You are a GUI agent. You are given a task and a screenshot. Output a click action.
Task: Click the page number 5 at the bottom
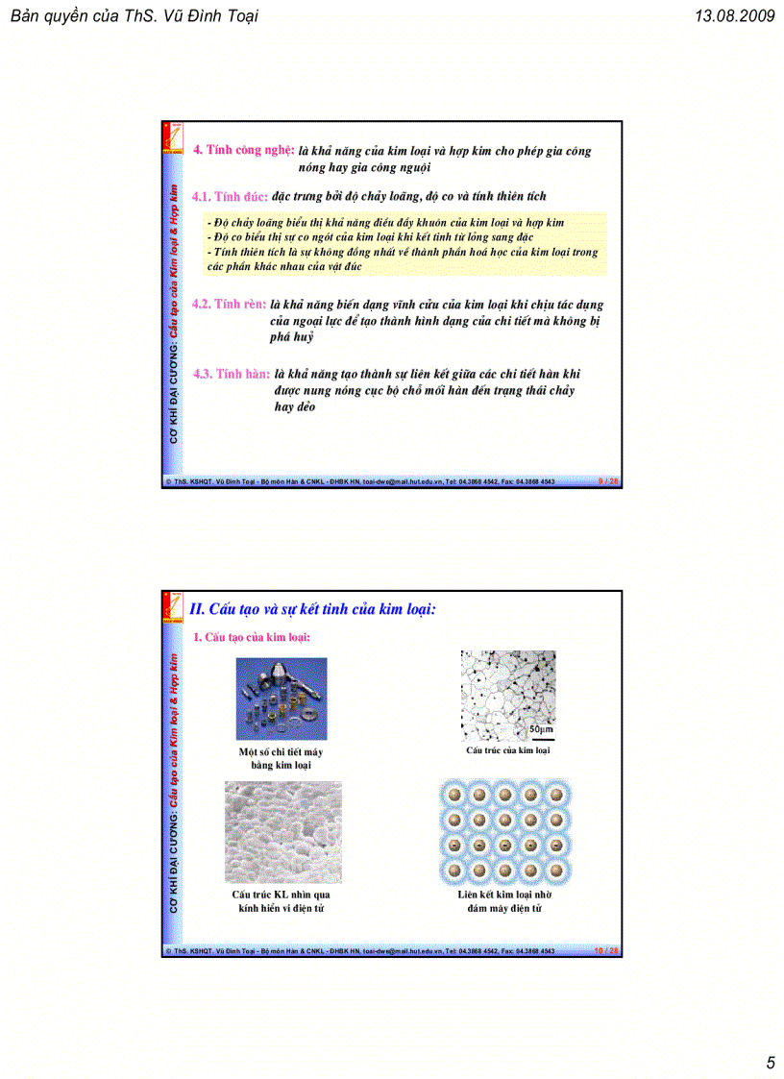[x=770, y=1062]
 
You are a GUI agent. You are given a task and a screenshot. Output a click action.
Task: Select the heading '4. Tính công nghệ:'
[x=243, y=150]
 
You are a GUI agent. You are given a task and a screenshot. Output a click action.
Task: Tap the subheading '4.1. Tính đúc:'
[x=229, y=196]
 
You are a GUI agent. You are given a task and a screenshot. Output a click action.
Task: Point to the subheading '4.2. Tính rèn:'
[x=229, y=304]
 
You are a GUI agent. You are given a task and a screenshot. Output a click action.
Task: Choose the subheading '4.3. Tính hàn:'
[x=231, y=374]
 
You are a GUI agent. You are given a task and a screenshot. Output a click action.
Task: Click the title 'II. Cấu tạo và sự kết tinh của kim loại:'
[x=313, y=608]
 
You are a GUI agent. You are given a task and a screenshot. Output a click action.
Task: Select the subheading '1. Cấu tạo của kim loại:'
[x=252, y=637]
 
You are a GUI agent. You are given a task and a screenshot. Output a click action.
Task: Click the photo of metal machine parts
[x=282, y=699]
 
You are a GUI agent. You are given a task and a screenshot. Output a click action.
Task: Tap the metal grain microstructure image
[x=507, y=695]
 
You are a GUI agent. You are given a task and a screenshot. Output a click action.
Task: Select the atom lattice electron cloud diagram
[x=503, y=832]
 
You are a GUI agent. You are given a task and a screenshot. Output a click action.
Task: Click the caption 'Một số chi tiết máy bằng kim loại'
[x=281, y=758]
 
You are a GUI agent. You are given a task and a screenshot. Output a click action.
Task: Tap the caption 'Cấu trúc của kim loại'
[x=507, y=750]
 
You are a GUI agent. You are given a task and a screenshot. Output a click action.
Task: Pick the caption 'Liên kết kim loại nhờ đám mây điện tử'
[x=503, y=900]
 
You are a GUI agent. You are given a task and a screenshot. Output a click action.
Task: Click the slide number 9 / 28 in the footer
[x=607, y=481]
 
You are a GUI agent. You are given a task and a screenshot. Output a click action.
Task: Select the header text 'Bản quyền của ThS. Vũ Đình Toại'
[x=134, y=16]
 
